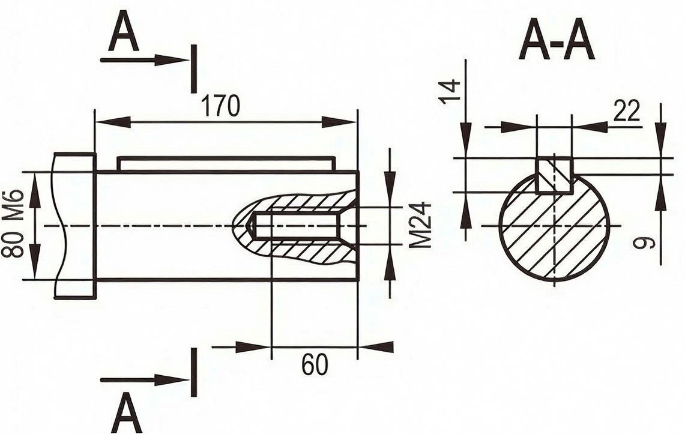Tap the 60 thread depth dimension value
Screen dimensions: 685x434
click(315, 365)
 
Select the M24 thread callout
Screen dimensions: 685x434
click(421, 225)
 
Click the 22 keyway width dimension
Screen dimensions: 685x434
click(627, 110)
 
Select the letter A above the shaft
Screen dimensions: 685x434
click(124, 35)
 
